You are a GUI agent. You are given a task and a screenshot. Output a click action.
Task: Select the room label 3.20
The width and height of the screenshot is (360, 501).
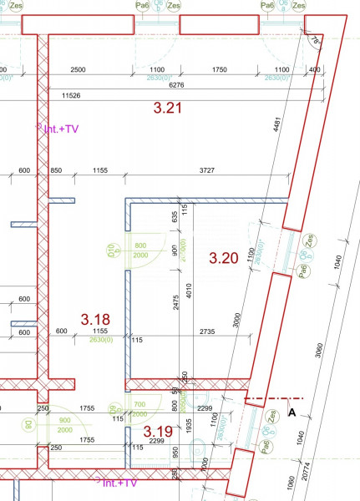coord(224,258)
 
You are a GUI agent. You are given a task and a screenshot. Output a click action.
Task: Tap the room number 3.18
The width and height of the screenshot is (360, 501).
coord(95,318)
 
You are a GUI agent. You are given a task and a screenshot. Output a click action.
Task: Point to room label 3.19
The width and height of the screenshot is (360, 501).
coord(159,432)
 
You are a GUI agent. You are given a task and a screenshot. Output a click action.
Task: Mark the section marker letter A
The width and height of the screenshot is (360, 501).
coord(292,411)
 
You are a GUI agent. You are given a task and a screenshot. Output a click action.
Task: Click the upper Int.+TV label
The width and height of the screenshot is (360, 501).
coord(60,129)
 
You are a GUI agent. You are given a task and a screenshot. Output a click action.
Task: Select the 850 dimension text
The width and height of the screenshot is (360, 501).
coord(56,170)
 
